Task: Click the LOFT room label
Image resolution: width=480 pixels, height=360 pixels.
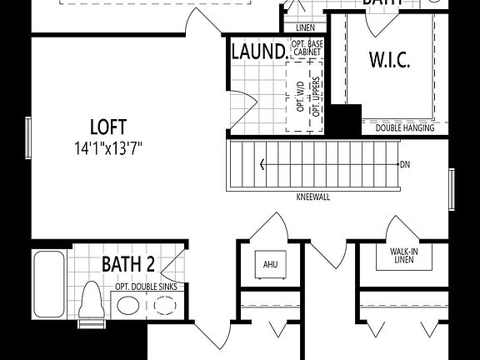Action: (x=108, y=127)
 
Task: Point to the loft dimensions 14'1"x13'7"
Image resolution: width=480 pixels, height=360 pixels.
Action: (x=108, y=149)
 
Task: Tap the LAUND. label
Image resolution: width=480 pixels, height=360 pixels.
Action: (x=259, y=52)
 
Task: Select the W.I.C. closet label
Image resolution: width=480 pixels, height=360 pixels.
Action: (x=389, y=60)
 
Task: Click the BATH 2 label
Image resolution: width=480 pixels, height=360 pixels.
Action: (x=128, y=265)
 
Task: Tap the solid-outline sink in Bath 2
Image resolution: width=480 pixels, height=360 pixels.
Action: (x=127, y=305)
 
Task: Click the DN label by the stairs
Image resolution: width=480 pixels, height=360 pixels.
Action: (x=405, y=165)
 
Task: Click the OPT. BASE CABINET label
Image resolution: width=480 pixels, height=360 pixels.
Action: (x=306, y=47)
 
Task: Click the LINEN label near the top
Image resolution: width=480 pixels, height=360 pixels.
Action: (x=305, y=27)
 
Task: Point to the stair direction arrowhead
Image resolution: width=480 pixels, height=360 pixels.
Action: (x=264, y=165)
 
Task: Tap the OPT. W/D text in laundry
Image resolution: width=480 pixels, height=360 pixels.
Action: (x=299, y=96)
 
